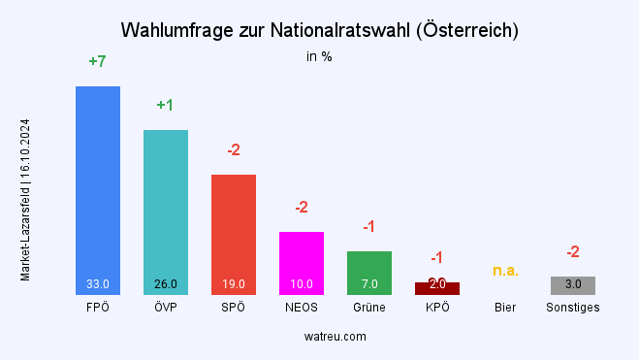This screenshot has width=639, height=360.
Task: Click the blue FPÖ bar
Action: (x=98, y=184)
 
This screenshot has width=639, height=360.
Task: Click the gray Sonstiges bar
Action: (x=573, y=284)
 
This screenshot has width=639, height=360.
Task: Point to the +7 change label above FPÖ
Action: (x=97, y=61)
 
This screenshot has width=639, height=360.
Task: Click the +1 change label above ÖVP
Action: (x=165, y=105)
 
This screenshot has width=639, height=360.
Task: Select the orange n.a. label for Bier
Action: (x=505, y=270)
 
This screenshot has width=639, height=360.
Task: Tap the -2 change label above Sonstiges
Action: (x=573, y=252)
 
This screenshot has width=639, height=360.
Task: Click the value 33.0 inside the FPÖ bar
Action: (x=98, y=284)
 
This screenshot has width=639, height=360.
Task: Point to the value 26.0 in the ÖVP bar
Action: (x=166, y=284)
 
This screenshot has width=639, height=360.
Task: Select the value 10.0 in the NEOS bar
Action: (x=302, y=284)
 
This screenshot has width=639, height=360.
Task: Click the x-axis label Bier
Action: (x=505, y=308)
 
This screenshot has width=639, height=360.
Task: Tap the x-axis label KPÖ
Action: (x=437, y=308)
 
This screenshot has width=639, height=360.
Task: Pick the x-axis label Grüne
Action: (x=369, y=308)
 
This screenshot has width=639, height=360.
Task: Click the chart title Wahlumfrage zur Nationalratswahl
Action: (x=319, y=30)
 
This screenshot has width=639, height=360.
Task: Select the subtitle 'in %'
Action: (x=319, y=56)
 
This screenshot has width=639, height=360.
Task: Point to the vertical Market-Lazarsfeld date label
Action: (x=25, y=200)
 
